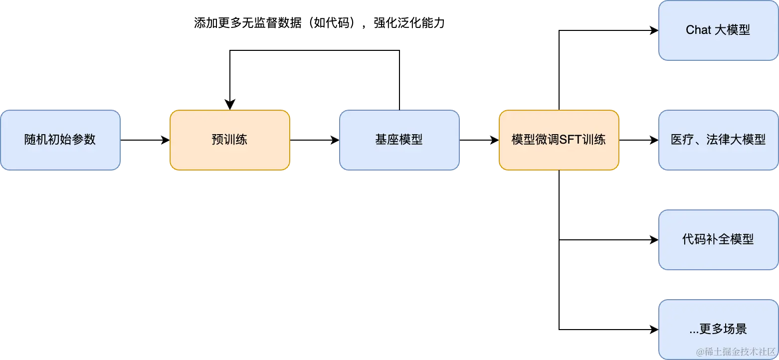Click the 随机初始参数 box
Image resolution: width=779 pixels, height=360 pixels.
coord(60,140)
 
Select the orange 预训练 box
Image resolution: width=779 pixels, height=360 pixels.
coord(229,140)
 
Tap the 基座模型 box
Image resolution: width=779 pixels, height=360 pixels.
coord(399,140)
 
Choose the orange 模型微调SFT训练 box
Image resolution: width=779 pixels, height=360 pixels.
coord(559,140)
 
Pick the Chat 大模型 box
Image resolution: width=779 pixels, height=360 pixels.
coord(718,30)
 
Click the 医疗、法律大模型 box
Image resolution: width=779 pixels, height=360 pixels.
coord(718,140)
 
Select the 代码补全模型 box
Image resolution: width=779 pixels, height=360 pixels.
coord(718,240)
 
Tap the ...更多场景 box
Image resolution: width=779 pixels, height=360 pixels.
coord(718,330)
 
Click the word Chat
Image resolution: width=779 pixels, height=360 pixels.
coord(698,30)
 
